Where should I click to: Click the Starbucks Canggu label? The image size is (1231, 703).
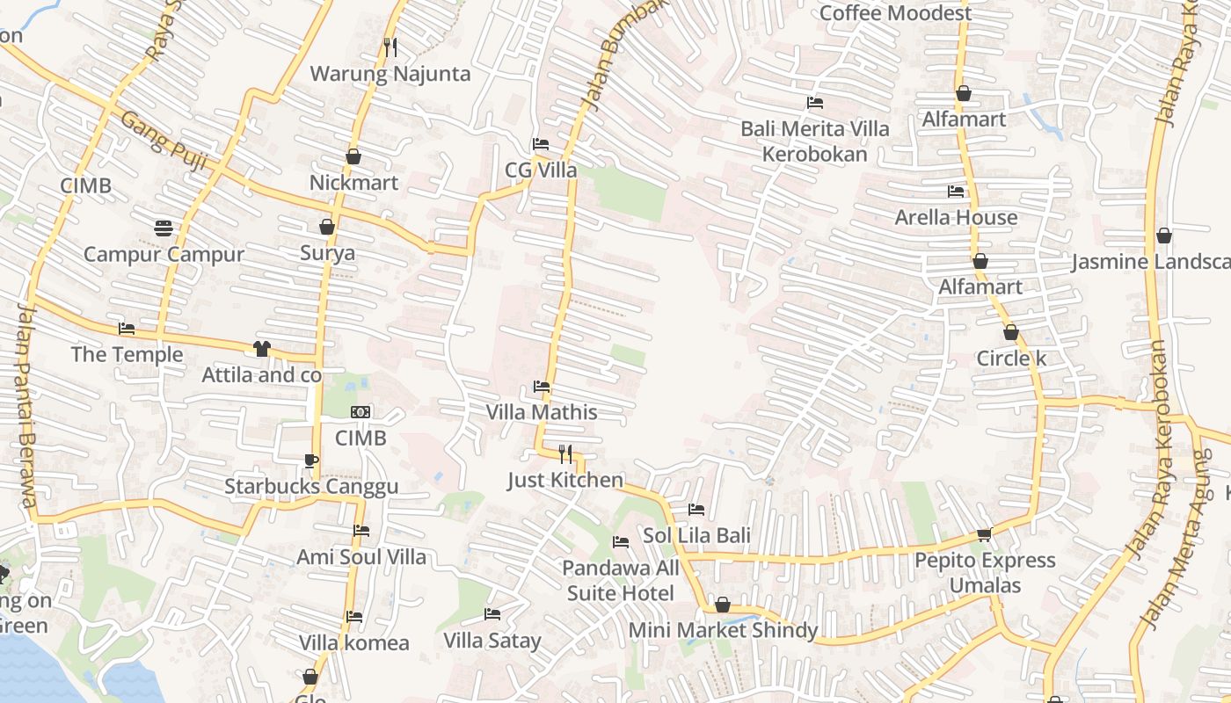coord(311,486)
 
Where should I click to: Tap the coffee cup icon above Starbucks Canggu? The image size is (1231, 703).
coord(310,460)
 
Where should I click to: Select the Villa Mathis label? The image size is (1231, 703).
coord(542,412)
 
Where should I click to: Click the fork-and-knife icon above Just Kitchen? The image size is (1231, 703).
coord(565,454)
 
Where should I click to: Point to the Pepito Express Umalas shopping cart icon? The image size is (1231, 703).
coord(985,534)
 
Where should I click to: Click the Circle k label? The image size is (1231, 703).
coord(1011,359)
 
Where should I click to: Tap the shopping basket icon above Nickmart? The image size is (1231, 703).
coord(353,156)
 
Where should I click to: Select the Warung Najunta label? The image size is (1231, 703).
coord(390,74)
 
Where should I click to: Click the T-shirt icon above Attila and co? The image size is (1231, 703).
coord(261,349)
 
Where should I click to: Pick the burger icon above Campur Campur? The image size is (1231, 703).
coord(164,228)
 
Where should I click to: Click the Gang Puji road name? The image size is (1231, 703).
coord(156,132)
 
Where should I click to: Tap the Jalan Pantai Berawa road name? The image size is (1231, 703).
coord(25,404)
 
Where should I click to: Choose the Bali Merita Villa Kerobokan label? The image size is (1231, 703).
coord(814,141)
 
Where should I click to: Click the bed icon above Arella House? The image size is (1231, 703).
coord(956,191)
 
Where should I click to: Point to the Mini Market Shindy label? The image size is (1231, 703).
coord(723,630)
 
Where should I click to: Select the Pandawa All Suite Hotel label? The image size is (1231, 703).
coord(621,580)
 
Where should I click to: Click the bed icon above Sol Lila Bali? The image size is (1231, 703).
coord(696,510)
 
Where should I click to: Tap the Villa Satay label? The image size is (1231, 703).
coord(492,641)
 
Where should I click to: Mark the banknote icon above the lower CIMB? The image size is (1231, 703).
coord(361,412)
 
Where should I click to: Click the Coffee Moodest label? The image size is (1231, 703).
coord(895,13)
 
